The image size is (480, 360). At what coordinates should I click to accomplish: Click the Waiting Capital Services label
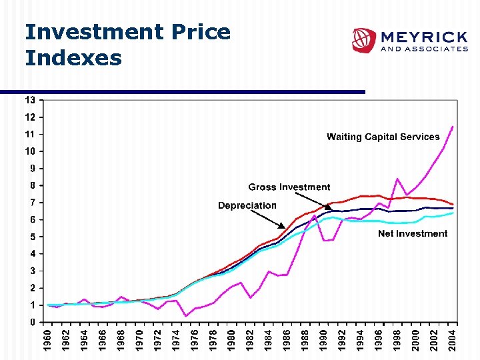click(x=383, y=137)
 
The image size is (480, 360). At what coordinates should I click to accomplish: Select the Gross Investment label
click(x=289, y=187)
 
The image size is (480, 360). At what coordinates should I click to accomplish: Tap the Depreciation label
click(x=247, y=205)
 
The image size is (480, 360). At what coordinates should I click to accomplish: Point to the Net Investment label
click(x=413, y=233)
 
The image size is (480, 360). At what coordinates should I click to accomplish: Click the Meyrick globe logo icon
click(x=364, y=40)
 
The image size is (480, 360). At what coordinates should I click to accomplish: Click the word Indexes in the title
click(x=73, y=58)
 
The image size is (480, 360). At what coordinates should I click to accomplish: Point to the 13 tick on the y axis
click(x=31, y=100)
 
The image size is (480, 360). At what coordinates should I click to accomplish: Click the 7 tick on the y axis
click(x=33, y=203)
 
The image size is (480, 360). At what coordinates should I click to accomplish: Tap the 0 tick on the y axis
click(x=33, y=322)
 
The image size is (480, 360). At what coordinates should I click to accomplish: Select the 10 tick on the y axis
click(x=31, y=151)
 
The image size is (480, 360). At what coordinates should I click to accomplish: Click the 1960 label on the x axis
click(x=47, y=339)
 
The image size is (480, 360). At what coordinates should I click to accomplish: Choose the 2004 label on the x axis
click(x=453, y=339)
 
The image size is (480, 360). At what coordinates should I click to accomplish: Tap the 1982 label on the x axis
click(x=250, y=339)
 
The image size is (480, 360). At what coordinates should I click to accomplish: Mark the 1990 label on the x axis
click(x=323, y=339)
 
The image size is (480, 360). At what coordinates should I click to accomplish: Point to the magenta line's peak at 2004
click(x=453, y=127)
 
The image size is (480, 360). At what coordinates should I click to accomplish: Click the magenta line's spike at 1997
click(x=397, y=179)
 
